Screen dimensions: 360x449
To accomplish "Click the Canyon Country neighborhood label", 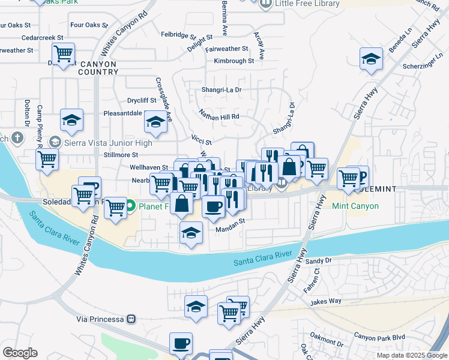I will (x=97, y=67).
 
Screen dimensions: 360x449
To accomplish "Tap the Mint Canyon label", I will (x=357, y=206).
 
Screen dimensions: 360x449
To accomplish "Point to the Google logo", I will (x=20, y=353).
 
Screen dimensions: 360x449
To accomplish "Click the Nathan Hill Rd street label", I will (x=219, y=116).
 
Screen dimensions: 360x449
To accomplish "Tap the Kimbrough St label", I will (x=234, y=61).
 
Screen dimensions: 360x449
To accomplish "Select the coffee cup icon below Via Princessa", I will (x=181, y=344).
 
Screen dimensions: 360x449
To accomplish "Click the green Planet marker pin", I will (x=130, y=207).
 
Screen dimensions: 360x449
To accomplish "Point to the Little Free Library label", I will (x=307, y=4).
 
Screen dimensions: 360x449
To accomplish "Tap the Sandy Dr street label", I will (x=318, y=261).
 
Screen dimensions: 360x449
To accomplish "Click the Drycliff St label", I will (x=142, y=100).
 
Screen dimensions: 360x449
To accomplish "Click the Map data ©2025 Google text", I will (x=411, y=355).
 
